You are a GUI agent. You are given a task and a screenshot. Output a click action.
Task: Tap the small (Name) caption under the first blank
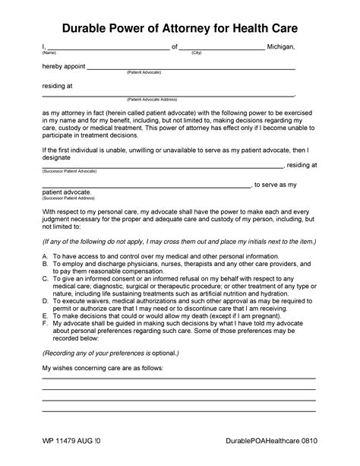click(x=49, y=53)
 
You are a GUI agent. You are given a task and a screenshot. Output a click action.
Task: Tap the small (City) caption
click(x=196, y=53)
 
